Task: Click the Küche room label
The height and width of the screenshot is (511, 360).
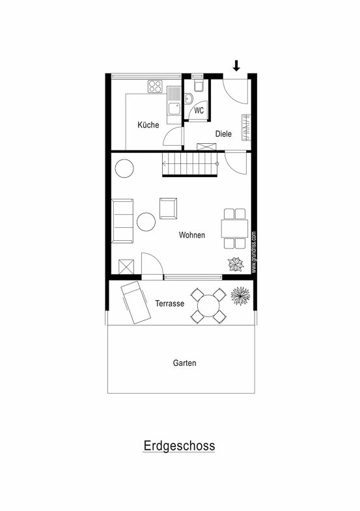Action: [x=148, y=125]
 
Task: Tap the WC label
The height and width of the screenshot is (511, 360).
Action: [x=199, y=111]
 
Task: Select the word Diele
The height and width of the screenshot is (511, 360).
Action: [x=223, y=133]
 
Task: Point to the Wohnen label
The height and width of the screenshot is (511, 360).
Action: [x=192, y=235]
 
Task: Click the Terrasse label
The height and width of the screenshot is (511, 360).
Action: [x=170, y=303]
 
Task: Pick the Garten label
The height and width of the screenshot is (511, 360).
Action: [x=184, y=363]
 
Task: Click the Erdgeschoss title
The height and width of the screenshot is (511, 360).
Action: [x=179, y=445]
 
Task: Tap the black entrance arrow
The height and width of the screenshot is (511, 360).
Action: [x=236, y=66]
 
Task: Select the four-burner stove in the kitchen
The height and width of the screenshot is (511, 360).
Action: [x=155, y=87]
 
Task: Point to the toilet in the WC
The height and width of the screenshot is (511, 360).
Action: [x=199, y=85]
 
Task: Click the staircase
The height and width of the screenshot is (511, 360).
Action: [x=190, y=164]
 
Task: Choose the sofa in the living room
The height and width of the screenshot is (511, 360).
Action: [x=122, y=221]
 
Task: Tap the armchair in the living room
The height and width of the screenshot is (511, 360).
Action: [x=168, y=208]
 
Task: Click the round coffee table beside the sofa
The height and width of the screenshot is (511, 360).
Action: [x=146, y=222]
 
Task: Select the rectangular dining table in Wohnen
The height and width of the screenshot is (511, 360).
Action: [x=234, y=228]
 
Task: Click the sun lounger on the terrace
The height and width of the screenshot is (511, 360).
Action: [x=135, y=303]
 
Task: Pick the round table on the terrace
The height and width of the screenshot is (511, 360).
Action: [x=208, y=306]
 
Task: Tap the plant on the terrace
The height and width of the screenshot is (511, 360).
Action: [x=240, y=296]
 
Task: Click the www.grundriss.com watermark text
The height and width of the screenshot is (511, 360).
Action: [x=254, y=252]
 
